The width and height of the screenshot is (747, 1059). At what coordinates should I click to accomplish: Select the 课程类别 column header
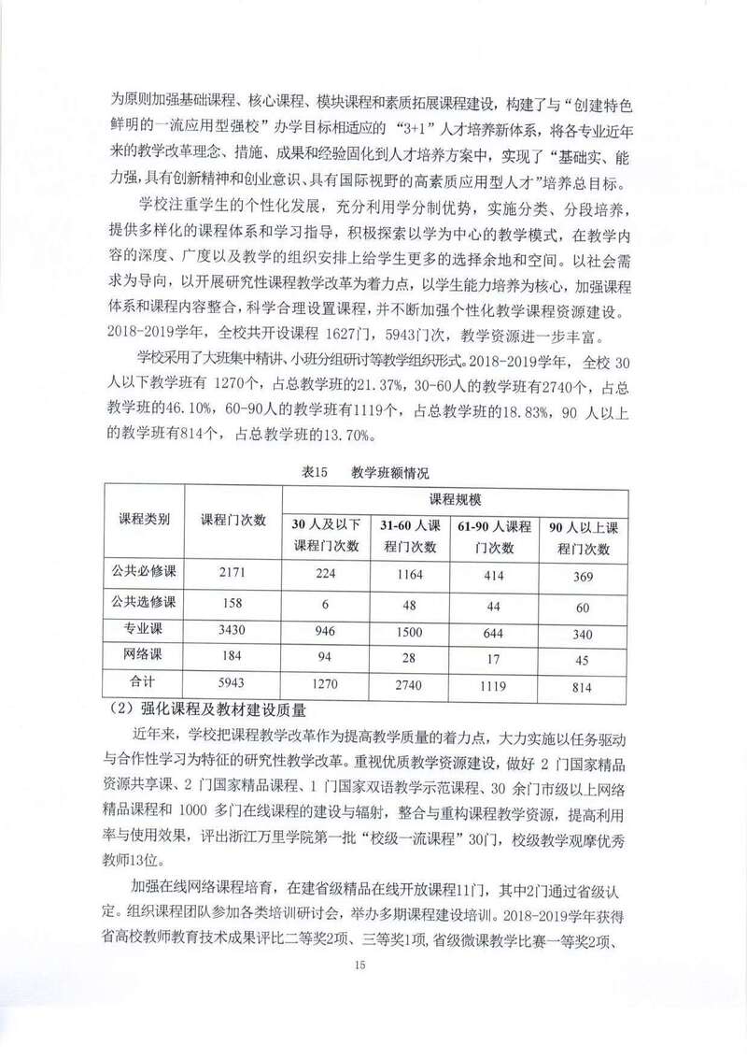click(x=144, y=521)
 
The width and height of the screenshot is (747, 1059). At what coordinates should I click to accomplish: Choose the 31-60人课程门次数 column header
click(x=411, y=537)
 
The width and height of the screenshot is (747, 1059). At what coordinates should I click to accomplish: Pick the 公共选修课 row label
click(x=144, y=604)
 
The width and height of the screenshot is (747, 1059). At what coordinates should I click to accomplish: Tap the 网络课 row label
click(x=144, y=656)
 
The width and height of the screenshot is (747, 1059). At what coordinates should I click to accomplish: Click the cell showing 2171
click(x=233, y=576)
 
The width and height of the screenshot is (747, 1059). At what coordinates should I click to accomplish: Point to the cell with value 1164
click(x=411, y=576)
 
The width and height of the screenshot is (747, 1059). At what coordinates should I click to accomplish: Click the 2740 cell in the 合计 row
click(x=411, y=684)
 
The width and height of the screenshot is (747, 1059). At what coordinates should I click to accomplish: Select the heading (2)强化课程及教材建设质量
click(x=194, y=710)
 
